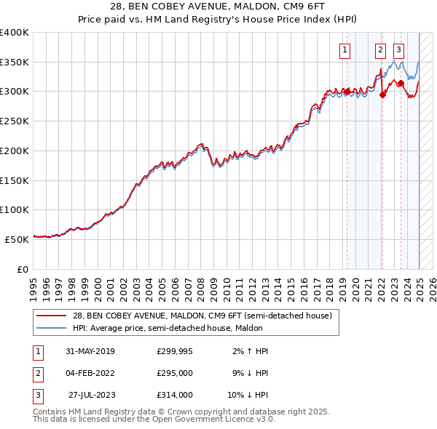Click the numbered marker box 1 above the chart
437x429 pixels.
click(x=344, y=50)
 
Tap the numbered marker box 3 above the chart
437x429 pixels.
click(x=399, y=50)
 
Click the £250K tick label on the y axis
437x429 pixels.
click(x=15, y=121)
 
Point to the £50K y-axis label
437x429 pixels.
click(x=17, y=239)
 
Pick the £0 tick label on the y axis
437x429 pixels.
click(x=23, y=269)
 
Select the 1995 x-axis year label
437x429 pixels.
click(x=34, y=284)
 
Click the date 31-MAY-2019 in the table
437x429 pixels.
click(x=90, y=350)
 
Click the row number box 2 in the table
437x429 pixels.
click(x=37, y=373)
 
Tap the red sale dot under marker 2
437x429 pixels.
click(x=382, y=95)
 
